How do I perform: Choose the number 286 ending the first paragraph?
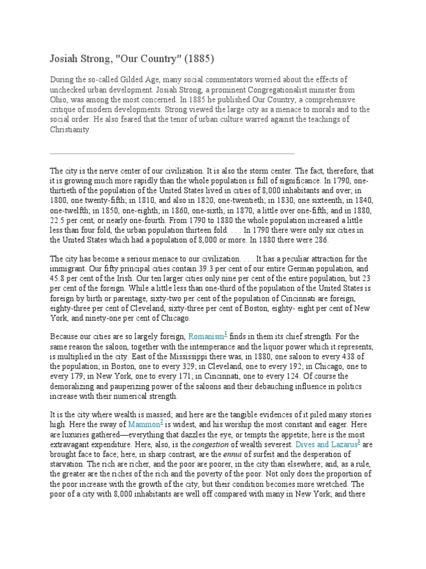[321, 240]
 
